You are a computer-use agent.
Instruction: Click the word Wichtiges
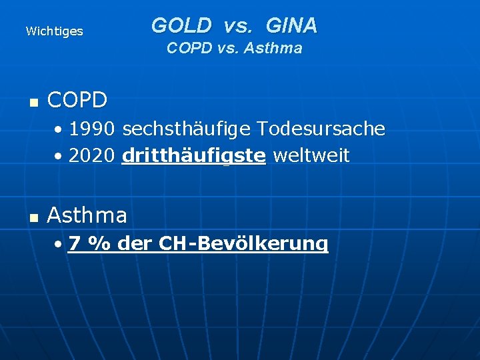pos(54,31)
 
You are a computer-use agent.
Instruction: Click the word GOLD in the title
pos(181,26)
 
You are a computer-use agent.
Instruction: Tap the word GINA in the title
pos(291,26)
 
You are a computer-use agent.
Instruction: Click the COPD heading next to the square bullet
pos(77,100)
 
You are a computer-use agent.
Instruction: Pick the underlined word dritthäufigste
pos(194,156)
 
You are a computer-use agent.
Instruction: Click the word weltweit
pos(311,156)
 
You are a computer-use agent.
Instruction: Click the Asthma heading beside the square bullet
pos(87,215)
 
